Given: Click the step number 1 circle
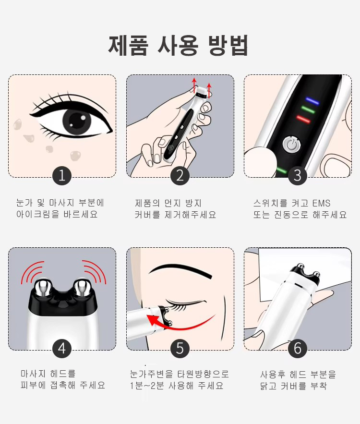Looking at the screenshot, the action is (62, 176).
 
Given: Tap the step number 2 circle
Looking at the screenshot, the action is (180, 176).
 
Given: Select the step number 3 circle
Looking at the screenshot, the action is (298, 176).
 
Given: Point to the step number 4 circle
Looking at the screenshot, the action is (62, 349).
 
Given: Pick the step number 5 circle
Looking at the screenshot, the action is (180, 349).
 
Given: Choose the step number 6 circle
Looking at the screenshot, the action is (298, 349).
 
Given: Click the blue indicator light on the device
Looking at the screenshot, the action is (312, 101).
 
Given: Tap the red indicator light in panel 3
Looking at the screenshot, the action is (303, 119).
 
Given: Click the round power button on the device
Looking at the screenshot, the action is (292, 145).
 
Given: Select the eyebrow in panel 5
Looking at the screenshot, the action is (180, 270).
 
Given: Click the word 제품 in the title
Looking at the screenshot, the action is (129, 46).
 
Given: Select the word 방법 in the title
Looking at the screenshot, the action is (228, 46).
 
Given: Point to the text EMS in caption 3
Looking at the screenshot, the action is (321, 203).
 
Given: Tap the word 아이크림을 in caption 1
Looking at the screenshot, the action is (38, 214).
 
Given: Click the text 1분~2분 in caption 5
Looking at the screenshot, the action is (147, 385).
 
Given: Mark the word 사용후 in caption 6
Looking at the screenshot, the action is (273, 374).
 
